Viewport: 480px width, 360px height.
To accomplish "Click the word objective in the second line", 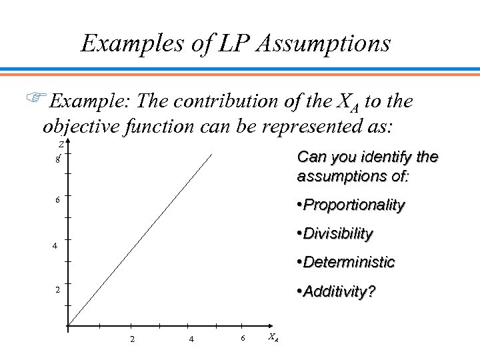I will point(80,127).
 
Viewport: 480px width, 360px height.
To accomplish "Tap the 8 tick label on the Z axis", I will point(58,159).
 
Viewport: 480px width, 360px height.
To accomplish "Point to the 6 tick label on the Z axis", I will point(58,200).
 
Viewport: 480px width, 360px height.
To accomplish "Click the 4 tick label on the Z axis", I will point(57,246).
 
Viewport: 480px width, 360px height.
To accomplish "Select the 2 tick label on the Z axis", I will point(57,291).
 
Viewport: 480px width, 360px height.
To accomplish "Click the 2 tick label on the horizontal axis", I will point(133,339).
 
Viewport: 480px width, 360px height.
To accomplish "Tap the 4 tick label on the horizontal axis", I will point(191,339).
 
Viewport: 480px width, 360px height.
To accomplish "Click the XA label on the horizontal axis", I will point(273,337).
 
